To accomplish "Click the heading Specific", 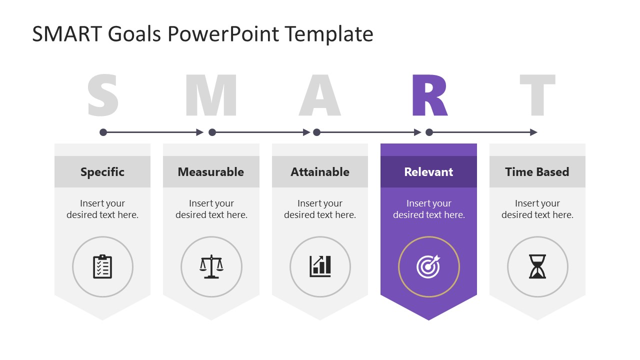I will [x=102, y=172].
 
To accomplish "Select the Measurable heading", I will [x=211, y=172].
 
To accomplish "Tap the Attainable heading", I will [x=320, y=172].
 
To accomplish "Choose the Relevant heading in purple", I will [x=428, y=172].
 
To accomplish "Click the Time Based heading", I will [x=537, y=172].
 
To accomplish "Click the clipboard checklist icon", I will [x=102, y=266].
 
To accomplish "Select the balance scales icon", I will [x=211, y=266].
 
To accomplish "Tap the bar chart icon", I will [x=320, y=266].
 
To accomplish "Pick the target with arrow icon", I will [x=428, y=266].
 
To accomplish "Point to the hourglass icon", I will [x=537, y=266].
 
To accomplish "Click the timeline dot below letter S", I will [x=103, y=132].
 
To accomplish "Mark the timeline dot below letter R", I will [x=429, y=132].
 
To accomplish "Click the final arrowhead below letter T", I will [x=533, y=132].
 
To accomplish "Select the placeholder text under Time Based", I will [x=537, y=209].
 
